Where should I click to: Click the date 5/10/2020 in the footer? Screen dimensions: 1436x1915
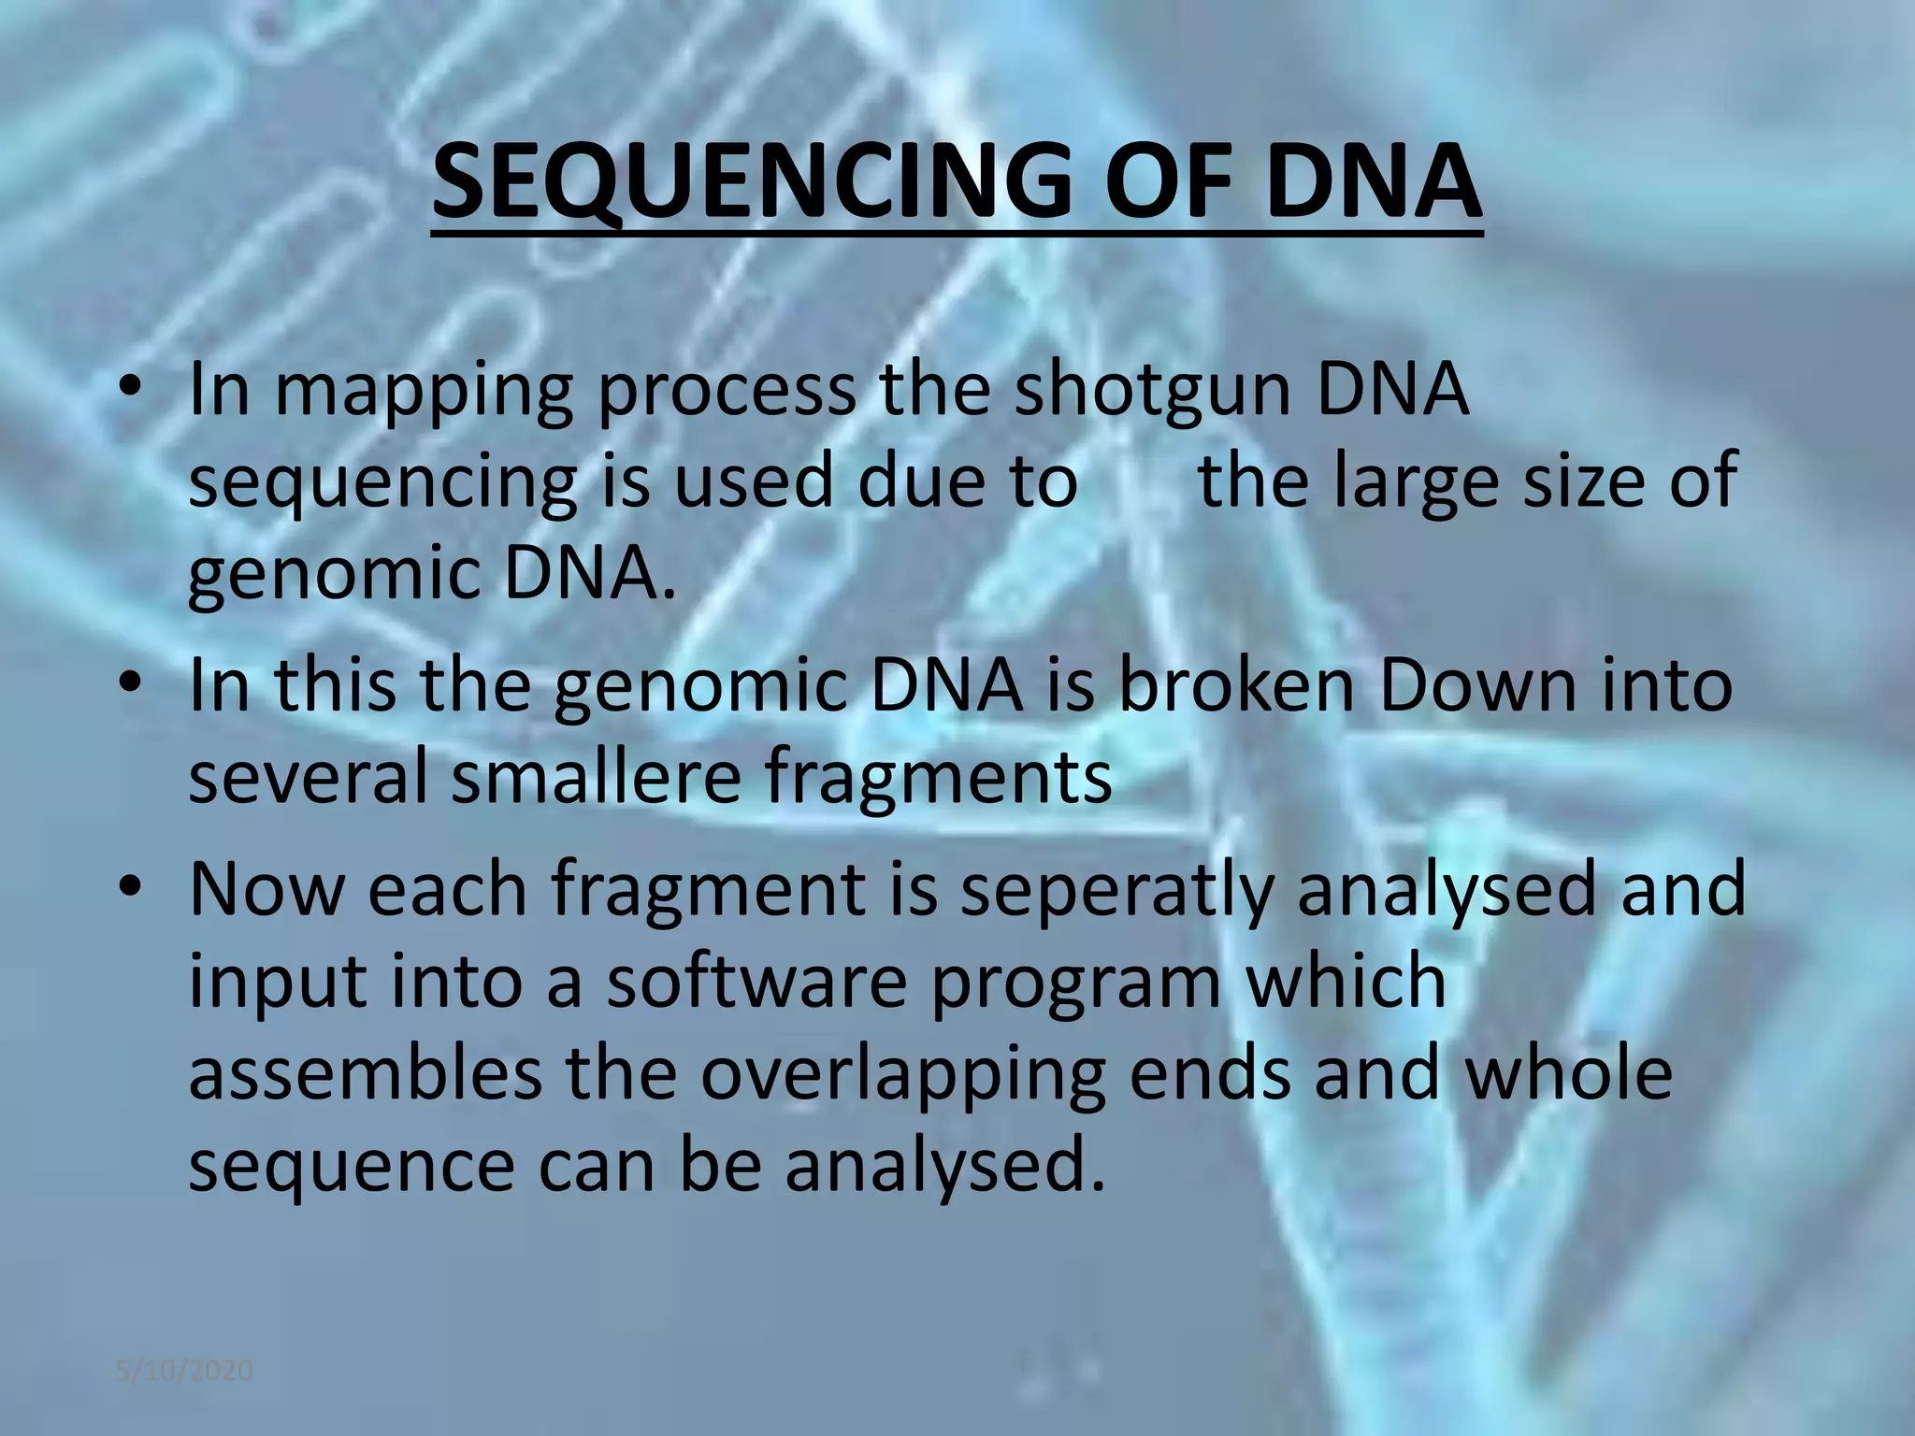tap(184, 1371)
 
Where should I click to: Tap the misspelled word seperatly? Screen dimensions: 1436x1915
tap(1116, 890)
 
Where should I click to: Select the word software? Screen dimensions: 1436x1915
tap(757, 981)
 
